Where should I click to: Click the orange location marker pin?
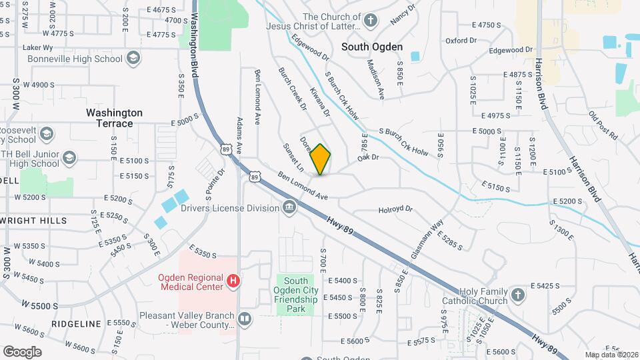(x=321, y=159)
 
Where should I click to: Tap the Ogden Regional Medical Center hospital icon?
(x=233, y=282)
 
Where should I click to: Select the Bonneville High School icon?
(x=133, y=59)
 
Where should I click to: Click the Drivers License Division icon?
(x=289, y=208)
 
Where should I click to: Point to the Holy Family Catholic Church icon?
(x=518, y=294)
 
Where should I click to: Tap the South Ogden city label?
(x=372, y=47)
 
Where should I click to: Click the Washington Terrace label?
(x=114, y=118)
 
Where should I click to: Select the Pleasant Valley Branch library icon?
(x=245, y=319)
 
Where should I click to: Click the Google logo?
(x=22, y=351)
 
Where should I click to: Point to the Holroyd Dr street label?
(x=396, y=209)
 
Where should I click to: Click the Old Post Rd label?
(x=603, y=125)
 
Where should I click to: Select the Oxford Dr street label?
(x=461, y=41)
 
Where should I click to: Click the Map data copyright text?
(x=611, y=355)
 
